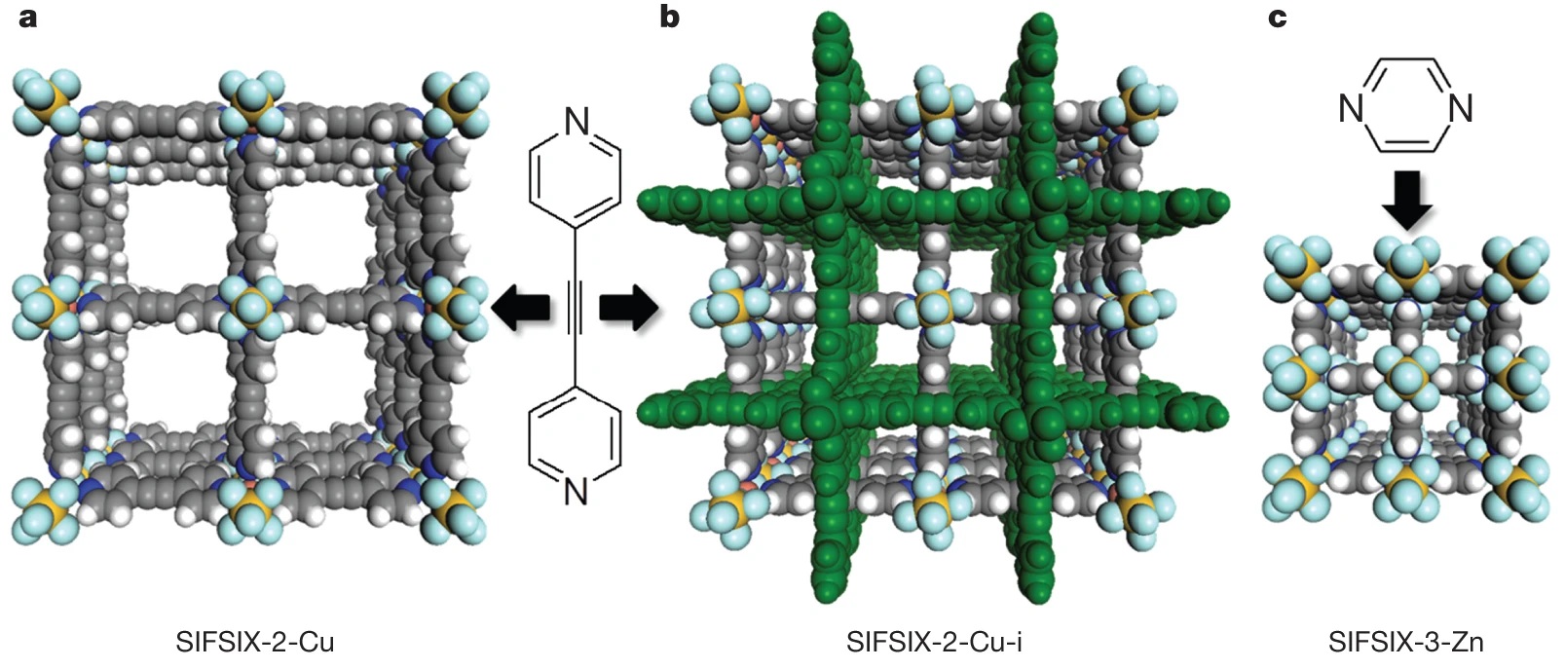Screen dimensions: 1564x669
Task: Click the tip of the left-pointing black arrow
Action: click(x=493, y=307)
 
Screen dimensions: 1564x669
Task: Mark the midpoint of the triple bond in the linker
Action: click(x=575, y=308)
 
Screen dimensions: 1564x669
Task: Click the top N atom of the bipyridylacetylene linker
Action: click(x=576, y=122)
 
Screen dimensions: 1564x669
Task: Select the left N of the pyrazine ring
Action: click(x=1351, y=109)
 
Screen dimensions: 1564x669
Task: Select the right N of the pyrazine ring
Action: click(x=1461, y=109)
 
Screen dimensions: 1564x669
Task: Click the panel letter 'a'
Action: click(x=28, y=19)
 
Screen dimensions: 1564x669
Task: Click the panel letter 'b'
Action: click(x=669, y=16)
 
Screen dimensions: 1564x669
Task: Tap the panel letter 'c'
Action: click(x=1277, y=19)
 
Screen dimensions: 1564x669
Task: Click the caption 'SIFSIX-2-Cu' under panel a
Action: click(x=255, y=642)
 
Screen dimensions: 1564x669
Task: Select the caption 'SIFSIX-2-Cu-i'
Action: click(x=934, y=642)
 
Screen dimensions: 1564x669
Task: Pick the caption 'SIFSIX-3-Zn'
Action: click(x=1405, y=642)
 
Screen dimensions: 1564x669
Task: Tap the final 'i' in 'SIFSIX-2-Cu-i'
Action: click(x=1018, y=642)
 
